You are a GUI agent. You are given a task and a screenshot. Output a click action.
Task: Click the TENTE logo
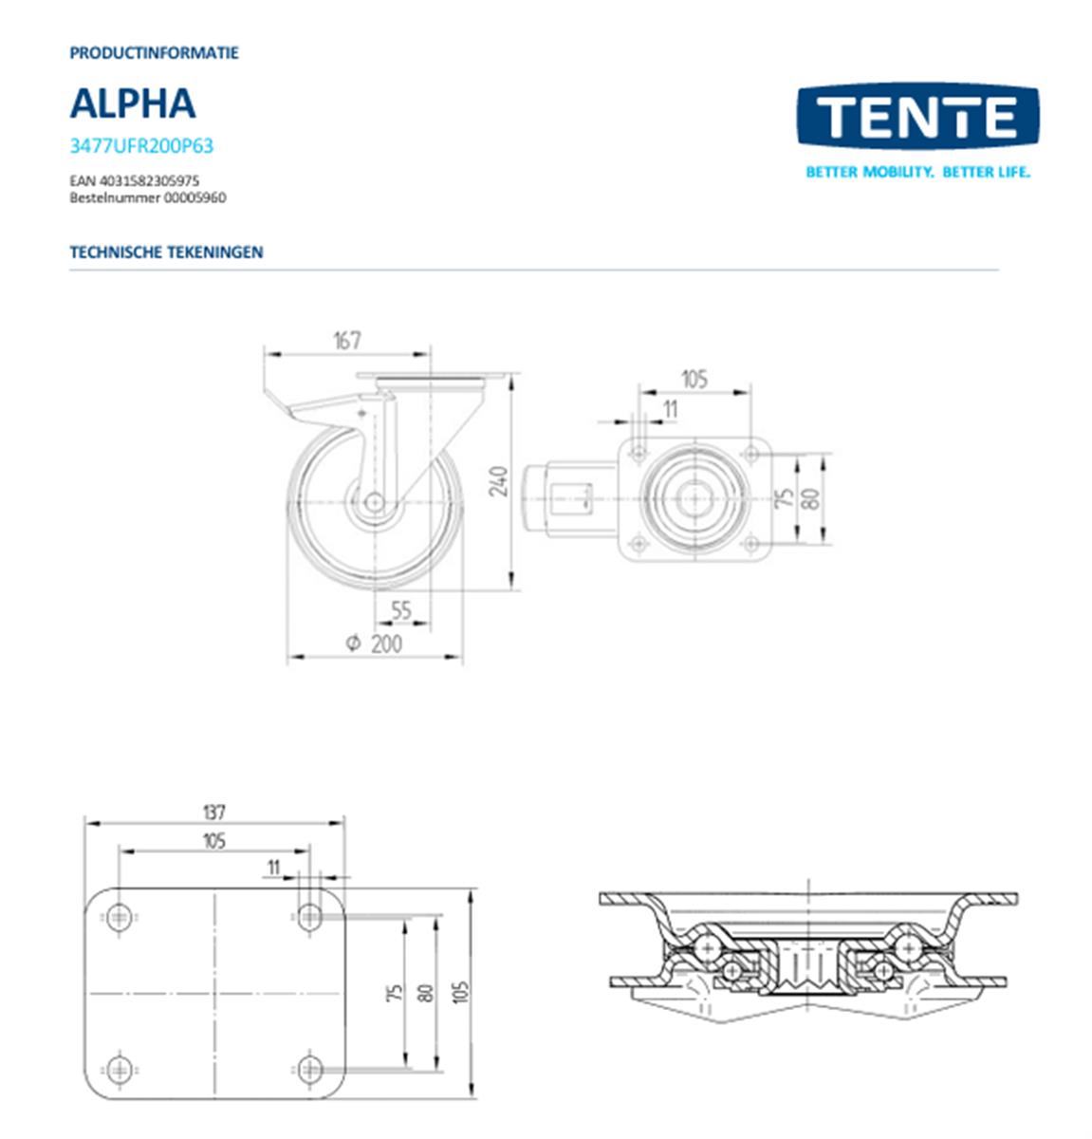click(x=916, y=116)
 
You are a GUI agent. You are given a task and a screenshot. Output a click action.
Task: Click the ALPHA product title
click(x=133, y=103)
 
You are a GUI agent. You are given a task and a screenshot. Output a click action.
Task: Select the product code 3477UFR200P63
click(x=141, y=146)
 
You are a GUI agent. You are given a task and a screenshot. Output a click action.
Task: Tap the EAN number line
click(x=134, y=180)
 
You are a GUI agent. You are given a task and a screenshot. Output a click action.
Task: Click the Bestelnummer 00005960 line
click(x=147, y=197)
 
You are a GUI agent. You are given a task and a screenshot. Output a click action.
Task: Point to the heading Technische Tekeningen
click(x=166, y=252)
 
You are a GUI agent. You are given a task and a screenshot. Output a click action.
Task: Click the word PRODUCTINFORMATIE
click(x=154, y=53)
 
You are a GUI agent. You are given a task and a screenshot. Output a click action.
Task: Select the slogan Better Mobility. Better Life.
click(x=917, y=172)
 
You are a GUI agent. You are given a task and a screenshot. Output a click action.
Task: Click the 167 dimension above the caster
click(x=347, y=340)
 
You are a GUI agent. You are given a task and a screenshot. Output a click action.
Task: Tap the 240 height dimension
click(x=502, y=480)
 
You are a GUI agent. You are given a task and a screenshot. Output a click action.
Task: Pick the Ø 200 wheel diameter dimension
click(x=374, y=644)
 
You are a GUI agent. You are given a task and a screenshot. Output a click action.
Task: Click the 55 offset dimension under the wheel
click(x=401, y=610)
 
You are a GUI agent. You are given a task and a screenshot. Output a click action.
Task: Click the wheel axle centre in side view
click(x=374, y=501)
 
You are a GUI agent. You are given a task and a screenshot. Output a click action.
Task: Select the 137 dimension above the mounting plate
click(x=214, y=812)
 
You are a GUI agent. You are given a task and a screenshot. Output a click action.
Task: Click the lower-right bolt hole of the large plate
click(x=309, y=1070)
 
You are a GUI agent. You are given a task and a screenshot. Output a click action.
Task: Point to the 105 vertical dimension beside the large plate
click(x=462, y=992)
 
